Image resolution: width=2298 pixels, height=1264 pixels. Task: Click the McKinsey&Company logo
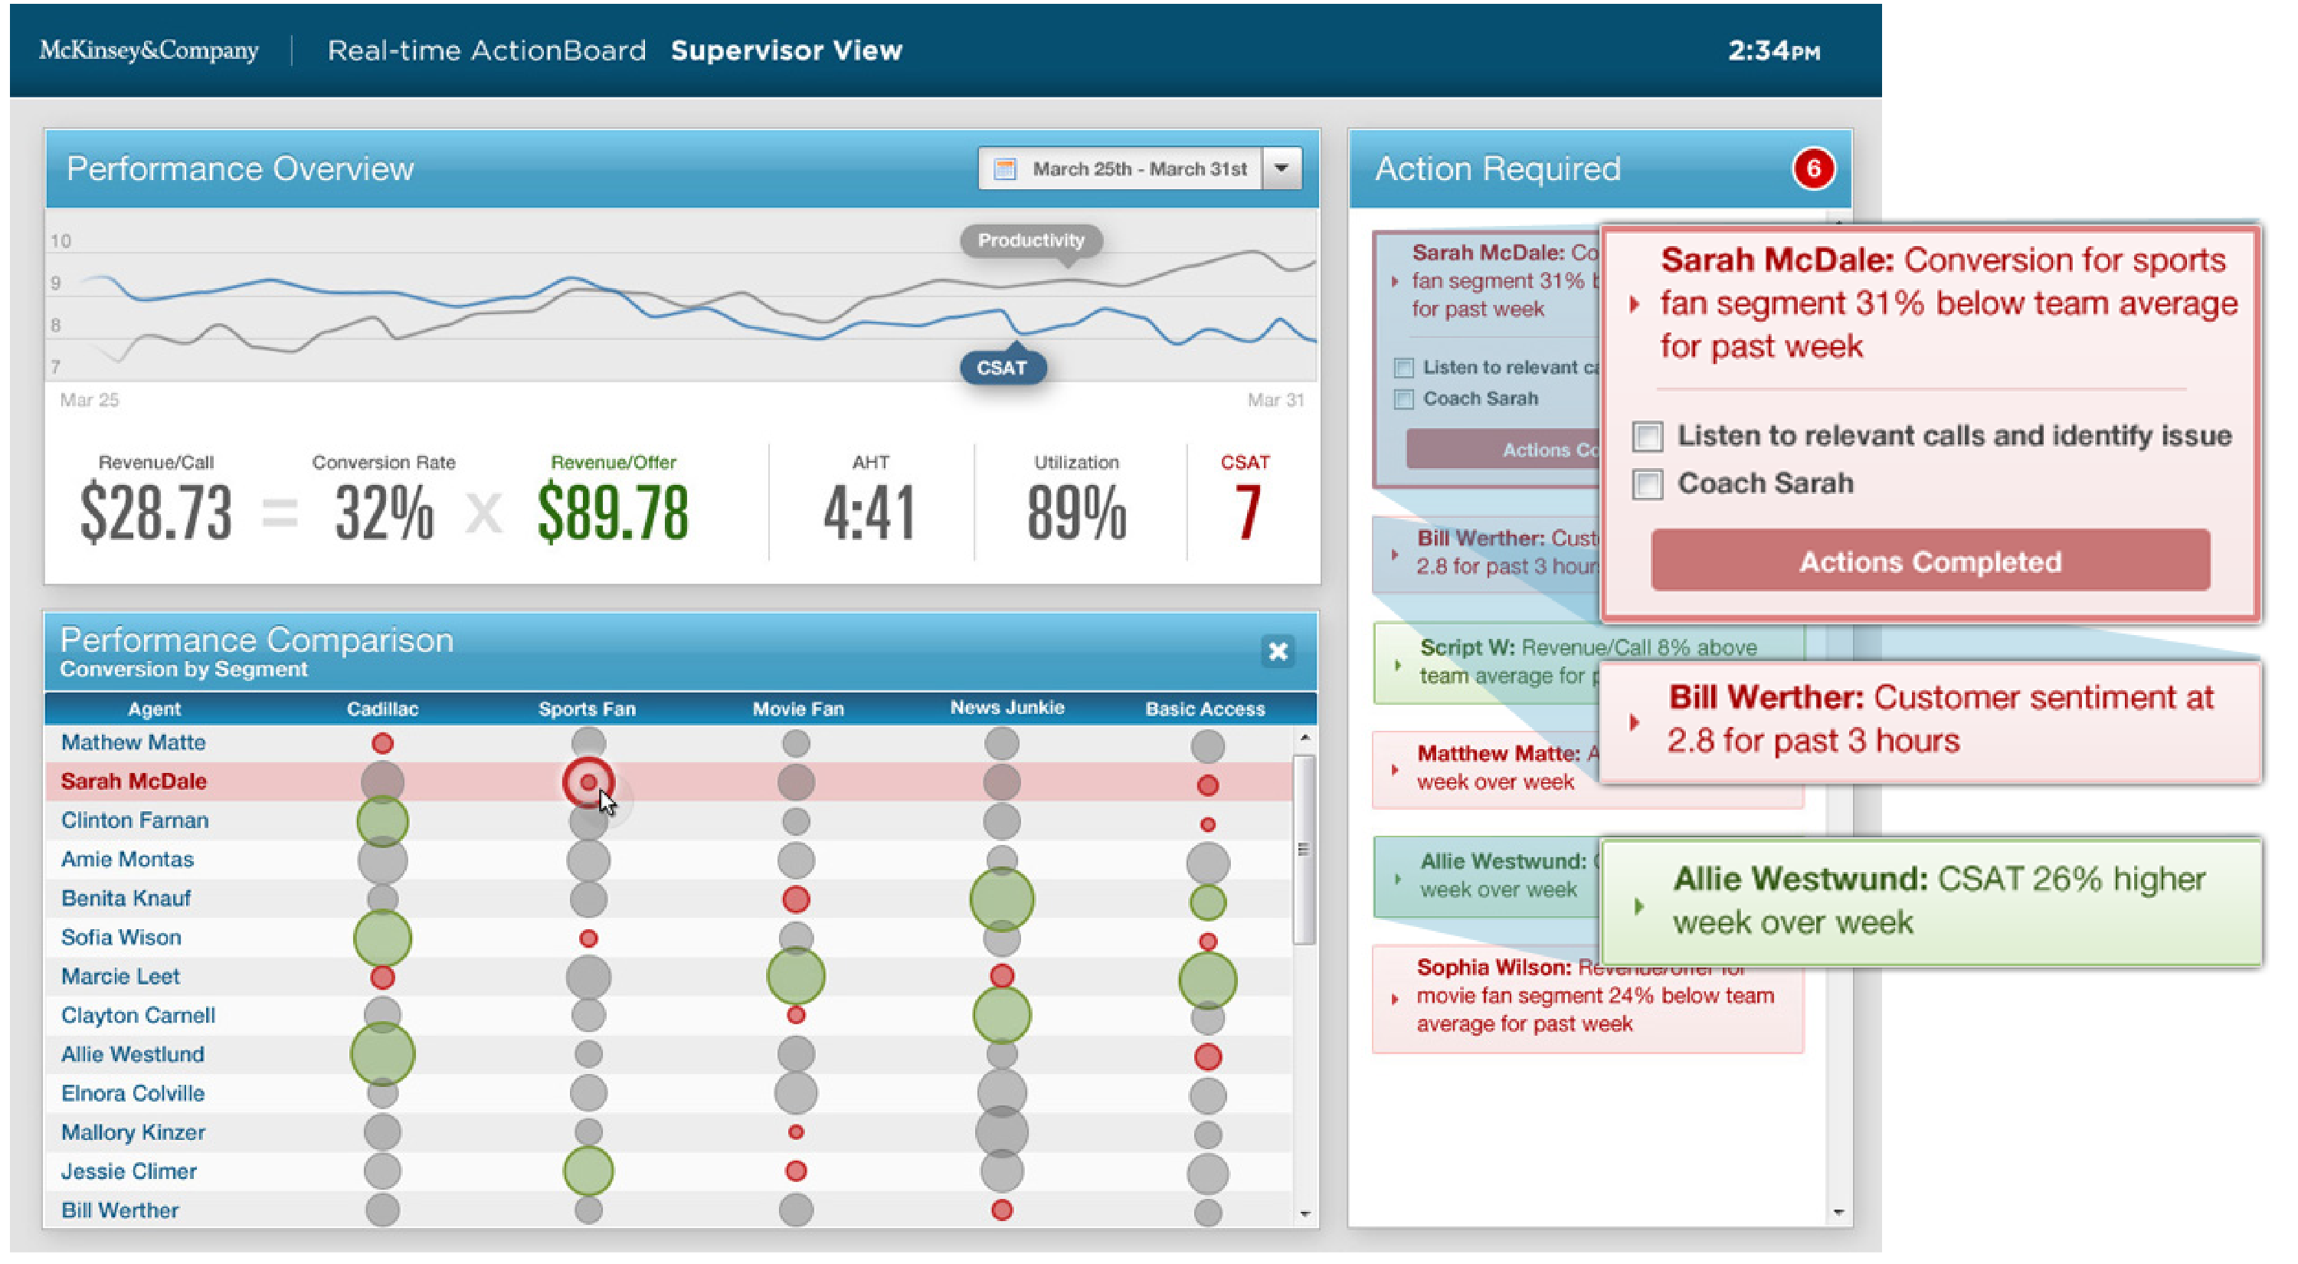click(x=148, y=51)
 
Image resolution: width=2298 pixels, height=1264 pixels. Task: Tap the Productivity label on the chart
click(x=1030, y=241)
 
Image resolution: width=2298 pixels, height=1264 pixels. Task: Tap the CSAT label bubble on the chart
click(x=1002, y=368)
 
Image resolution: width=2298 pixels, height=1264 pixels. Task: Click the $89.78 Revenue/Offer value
click(x=613, y=512)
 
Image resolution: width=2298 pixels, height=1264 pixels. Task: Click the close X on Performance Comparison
click(x=1278, y=652)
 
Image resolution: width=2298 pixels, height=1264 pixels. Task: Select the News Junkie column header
click(x=1007, y=709)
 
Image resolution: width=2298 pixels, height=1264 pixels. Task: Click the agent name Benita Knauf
click(x=126, y=899)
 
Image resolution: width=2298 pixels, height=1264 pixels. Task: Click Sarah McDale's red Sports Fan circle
click(x=588, y=782)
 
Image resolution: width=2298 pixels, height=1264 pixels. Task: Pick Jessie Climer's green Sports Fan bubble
click(x=588, y=1171)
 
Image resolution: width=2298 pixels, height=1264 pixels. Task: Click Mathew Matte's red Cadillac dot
click(x=383, y=744)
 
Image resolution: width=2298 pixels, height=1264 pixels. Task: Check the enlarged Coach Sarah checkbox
click(x=1648, y=485)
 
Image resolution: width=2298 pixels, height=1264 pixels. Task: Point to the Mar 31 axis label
click(x=1275, y=401)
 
